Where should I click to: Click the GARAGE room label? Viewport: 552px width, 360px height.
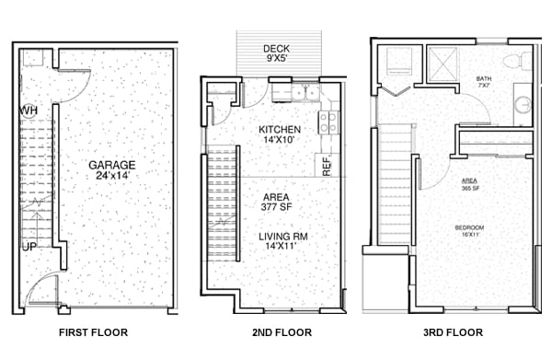[111, 165]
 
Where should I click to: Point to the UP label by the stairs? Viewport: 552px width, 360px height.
[30, 248]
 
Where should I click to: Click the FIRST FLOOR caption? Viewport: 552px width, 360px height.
[93, 332]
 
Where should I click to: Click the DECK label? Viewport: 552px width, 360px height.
[276, 49]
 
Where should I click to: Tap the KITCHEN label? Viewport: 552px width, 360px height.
[280, 129]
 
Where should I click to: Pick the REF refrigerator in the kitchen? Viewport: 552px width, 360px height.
[327, 165]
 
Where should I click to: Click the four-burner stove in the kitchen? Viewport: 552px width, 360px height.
[328, 122]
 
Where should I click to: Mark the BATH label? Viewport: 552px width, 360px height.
[483, 79]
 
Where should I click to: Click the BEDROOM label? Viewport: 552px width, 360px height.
[469, 227]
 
